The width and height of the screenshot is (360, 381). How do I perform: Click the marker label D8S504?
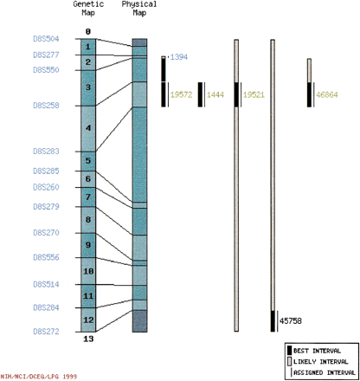46,40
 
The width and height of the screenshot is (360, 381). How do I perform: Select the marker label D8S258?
46,105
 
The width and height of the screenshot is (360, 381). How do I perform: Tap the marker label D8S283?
46,152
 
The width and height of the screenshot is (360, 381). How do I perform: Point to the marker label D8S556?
46,258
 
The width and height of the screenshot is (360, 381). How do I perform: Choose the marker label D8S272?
46,331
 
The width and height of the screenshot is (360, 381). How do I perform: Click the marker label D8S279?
46,206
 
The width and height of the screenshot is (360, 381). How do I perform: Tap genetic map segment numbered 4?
88,128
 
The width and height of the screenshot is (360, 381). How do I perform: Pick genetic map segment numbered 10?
88,271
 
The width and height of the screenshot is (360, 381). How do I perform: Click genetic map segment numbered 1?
88,47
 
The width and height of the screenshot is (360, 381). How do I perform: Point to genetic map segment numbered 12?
88,320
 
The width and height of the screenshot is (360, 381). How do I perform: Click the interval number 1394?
179,57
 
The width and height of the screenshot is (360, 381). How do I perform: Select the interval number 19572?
182,94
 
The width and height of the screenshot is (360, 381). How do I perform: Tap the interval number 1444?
215,94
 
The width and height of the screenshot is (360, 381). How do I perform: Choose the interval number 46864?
327,94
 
